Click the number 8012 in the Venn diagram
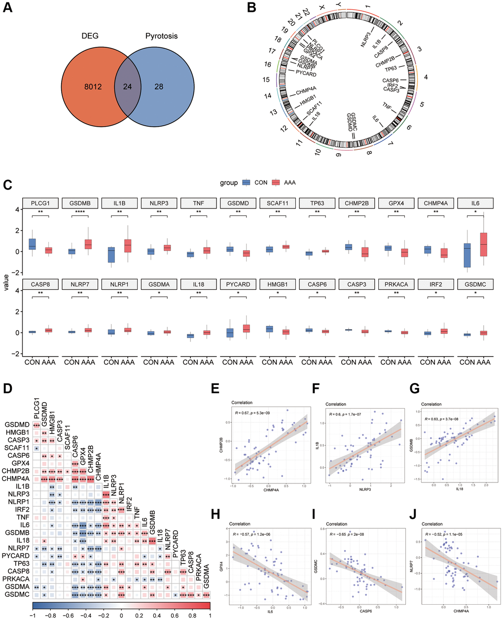[93, 87]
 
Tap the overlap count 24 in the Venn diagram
[128, 87]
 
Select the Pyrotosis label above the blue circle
[161, 36]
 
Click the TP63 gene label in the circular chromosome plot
[391, 69]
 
